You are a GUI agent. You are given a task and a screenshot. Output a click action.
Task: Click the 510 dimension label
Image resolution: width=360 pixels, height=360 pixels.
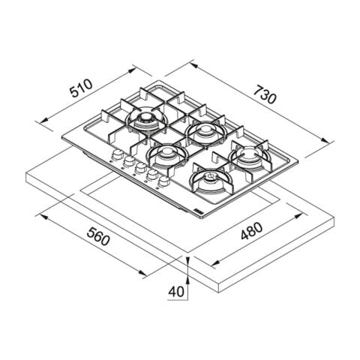[x=81, y=88]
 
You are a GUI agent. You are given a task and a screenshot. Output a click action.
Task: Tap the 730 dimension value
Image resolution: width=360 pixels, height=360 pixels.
[x=265, y=94]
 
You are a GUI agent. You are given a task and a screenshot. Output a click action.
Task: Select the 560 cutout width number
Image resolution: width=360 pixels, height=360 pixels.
[x=98, y=236]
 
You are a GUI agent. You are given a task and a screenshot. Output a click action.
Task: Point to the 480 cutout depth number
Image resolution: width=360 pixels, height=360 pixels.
[x=252, y=231]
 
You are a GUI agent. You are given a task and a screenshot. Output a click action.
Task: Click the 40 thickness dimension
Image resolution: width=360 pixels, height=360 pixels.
[x=176, y=291]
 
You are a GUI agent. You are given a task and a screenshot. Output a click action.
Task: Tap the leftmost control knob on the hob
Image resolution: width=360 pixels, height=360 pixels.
[x=116, y=155]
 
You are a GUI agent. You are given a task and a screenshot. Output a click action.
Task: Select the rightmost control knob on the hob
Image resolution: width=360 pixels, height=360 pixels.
[x=164, y=181]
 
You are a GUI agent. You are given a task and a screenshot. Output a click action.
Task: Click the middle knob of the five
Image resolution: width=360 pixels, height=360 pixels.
[x=140, y=168]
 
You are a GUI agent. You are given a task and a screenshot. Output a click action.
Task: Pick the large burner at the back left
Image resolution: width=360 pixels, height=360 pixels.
[x=146, y=119]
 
